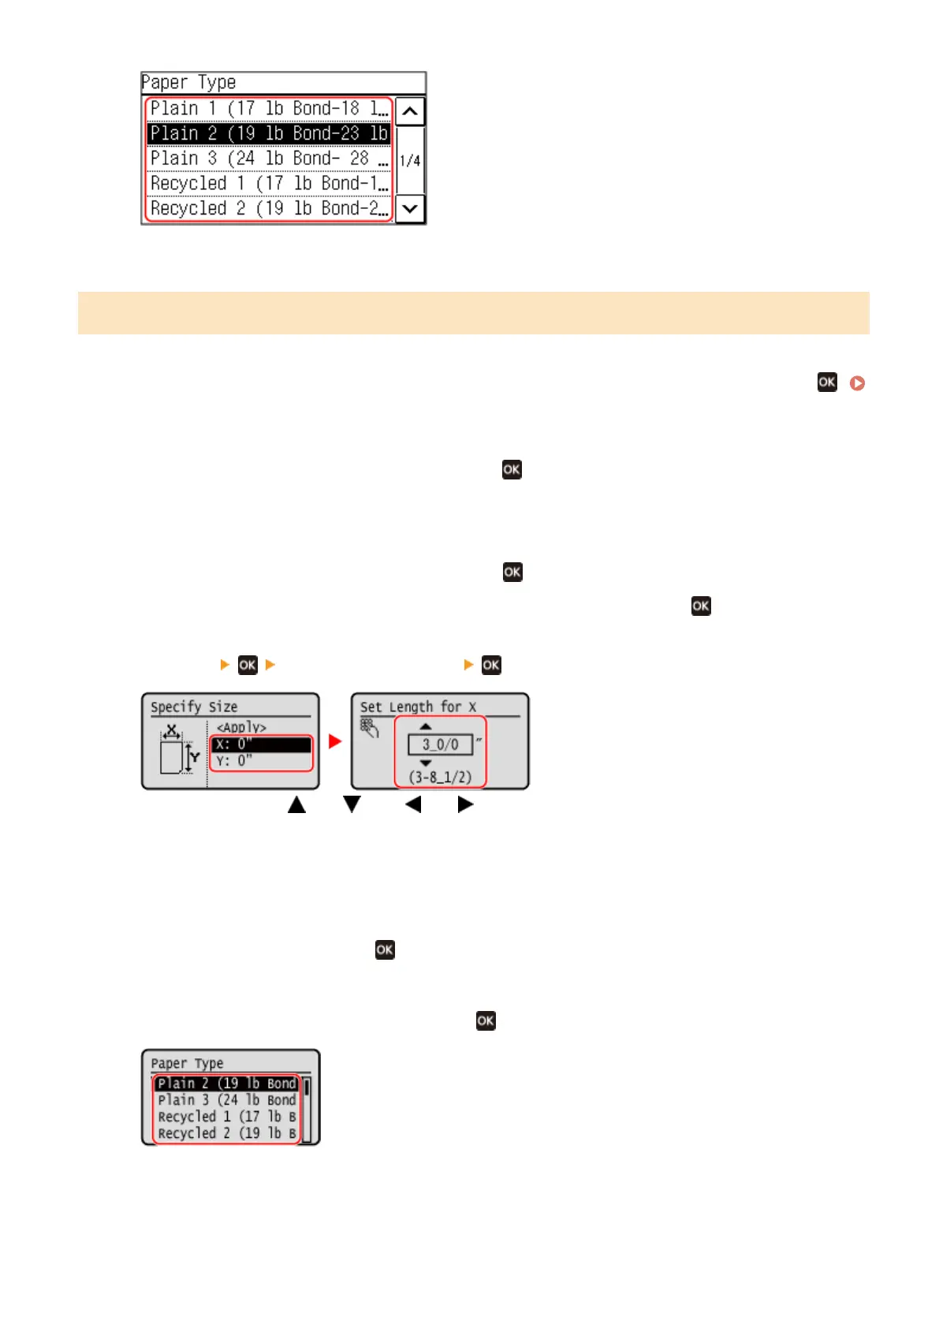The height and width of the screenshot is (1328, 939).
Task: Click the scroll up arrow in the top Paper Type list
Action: click(x=409, y=111)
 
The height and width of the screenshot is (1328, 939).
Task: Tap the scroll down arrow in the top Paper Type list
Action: click(x=409, y=209)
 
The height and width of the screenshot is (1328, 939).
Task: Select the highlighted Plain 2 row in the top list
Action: click(x=268, y=133)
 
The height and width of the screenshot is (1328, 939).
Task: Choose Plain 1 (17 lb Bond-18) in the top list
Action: click(x=268, y=109)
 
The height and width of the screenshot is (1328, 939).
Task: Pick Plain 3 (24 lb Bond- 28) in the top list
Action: click(x=268, y=159)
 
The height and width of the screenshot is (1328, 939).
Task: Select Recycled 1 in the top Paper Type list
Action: click(x=268, y=184)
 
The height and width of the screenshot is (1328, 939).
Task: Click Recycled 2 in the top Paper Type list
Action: click(x=268, y=208)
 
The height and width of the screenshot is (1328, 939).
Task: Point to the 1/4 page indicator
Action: click(x=409, y=161)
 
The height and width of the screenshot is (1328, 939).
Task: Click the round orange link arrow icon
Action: click(x=857, y=383)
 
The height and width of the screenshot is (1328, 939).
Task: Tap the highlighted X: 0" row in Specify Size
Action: click(x=261, y=744)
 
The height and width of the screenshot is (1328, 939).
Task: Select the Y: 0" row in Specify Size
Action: click(x=261, y=761)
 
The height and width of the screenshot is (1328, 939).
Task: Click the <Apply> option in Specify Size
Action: click(x=241, y=727)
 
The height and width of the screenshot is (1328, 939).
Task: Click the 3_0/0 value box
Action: click(x=440, y=744)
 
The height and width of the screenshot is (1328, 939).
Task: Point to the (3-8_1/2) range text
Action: click(x=440, y=777)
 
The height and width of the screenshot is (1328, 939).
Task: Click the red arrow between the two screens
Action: click(x=335, y=741)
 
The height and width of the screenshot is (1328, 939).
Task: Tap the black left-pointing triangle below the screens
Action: click(x=413, y=804)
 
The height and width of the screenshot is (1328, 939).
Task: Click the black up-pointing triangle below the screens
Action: click(x=296, y=804)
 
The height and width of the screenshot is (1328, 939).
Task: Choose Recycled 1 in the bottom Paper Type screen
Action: click(x=226, y=1117)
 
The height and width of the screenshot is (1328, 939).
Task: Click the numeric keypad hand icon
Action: click(x=369, y=727)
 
